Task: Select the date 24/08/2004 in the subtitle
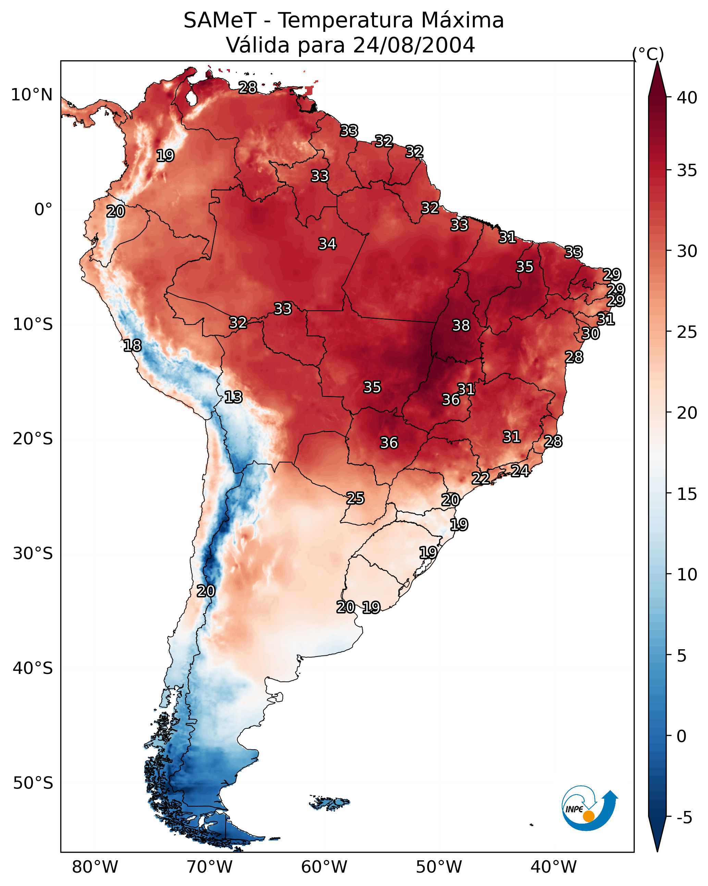[414, 45]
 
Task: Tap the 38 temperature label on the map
[461, 325]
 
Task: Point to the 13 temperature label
[233, 397]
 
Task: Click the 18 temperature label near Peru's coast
[132, 346]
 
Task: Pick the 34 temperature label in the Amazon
[327, 244]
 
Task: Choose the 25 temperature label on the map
[355, 498]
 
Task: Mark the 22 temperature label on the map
[480, 478]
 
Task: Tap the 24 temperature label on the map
[520, 470]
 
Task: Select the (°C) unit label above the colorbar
[648, 54]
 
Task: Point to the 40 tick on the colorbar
[687, 98]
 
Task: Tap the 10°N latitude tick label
[32, 95]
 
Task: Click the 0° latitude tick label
[43, 210]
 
